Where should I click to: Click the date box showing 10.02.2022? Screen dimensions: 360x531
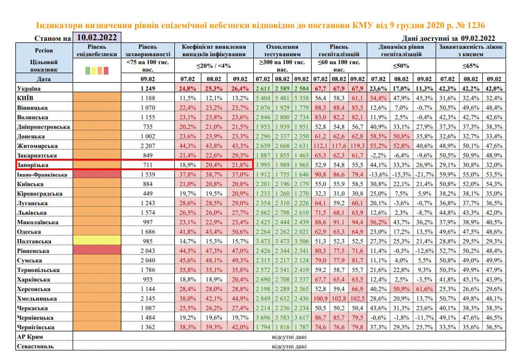click(x=97, y=38)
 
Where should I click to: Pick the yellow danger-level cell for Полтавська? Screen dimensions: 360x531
click(x=98, y=242)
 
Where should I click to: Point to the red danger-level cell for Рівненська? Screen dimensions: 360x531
click(x=98, y=250)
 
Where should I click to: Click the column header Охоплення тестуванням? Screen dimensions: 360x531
click(x=282, y=51)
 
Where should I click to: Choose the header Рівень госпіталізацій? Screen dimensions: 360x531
click(x=341, y=51)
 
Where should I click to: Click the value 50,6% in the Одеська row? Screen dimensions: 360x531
click(x=240, y=232)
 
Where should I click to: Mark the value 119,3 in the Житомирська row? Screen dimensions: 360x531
click(x=356, y=145)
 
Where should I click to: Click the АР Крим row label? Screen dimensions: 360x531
click(x=29, y=337)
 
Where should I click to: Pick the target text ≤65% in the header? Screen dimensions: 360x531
click(x=471, y=66)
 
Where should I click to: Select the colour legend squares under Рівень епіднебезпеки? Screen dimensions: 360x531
click(x=98, y=69)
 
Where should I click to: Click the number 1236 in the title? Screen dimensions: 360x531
click(x=473, y=25)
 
